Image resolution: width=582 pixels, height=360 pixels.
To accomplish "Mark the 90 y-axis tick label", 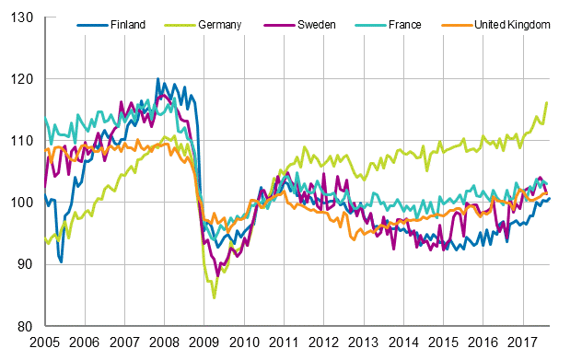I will click(27, 264).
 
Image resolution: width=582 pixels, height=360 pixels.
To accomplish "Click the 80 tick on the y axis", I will click(27, 326).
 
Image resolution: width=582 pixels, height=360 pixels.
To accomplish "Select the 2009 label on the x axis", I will click(204, 342).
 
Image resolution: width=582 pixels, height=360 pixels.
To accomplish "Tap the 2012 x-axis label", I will click(323, 342).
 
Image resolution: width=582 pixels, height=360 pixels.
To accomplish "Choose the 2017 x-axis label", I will click(522, 342).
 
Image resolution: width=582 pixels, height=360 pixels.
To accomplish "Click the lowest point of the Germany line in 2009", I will click(215, 297).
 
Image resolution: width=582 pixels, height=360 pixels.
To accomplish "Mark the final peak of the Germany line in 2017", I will click(547, 102).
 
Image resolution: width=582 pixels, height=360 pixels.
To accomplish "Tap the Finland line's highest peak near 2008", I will click(157, 79).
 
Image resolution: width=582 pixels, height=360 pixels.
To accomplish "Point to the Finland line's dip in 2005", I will click(61, 261).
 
